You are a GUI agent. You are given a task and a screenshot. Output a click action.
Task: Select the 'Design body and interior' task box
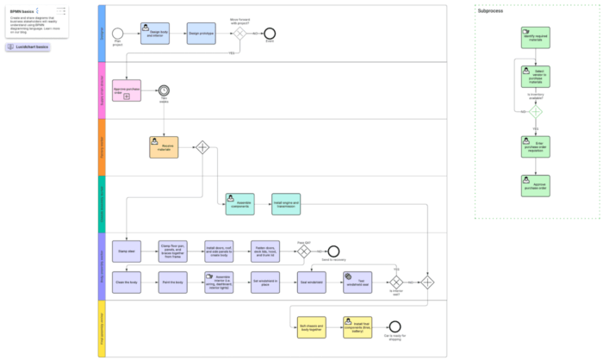tap(154, 34)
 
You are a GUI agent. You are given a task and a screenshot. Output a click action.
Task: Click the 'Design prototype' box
tap(200, 34)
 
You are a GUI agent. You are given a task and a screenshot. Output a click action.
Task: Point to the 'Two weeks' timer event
tap(163, 90)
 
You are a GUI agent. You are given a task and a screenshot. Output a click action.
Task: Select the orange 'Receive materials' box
tap(163, 147)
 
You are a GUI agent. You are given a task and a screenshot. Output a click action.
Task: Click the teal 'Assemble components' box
tap(240, 204)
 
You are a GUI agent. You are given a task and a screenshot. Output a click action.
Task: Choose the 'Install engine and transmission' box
tap(286, 204)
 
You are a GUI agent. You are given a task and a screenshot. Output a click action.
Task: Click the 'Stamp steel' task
tap(127, 250)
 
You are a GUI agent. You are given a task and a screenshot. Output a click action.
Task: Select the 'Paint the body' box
tap(173, 281)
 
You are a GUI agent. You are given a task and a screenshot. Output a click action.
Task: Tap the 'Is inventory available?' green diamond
tap(535, 112)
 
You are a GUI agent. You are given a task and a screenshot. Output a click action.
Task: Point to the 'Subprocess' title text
tap(491, 11)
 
